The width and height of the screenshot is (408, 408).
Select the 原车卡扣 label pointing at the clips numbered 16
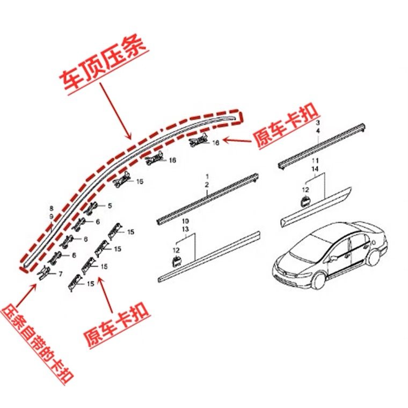click(x=287, y=126)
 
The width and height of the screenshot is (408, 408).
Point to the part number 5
click(x=110, y=206)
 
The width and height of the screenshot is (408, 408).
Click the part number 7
click(x=60, y=274)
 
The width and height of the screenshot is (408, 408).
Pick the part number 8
click(x=52, y=208)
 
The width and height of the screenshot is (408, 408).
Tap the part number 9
click(x=52, y=216)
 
